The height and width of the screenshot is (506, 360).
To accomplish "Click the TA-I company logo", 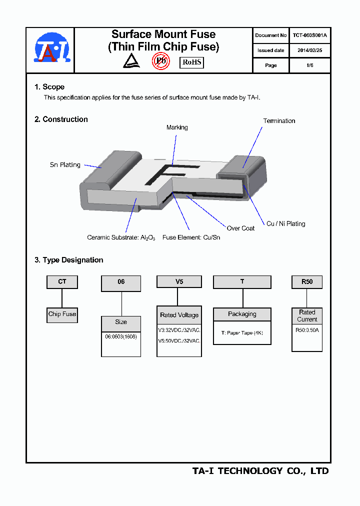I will click(52, 48).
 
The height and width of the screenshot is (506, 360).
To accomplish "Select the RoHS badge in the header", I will click(191, 62).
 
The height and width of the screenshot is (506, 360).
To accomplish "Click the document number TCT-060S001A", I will click(309, 35).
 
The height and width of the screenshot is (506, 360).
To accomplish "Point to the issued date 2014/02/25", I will click(309, 50).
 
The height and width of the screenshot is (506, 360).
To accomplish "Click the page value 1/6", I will click(309, 65).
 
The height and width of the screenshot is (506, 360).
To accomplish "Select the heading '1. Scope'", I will click(49, 87).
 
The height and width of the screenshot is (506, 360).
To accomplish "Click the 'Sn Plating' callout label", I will click(65, 165).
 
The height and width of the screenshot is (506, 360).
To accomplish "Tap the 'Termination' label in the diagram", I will click(279, 121).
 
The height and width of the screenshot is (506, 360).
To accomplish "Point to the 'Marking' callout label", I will click(177, 127).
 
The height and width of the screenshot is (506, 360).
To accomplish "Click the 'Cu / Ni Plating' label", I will click(285, 223).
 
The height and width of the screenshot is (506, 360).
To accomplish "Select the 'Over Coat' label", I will click(240, 228).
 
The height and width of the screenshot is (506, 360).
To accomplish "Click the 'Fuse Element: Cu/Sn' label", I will click(191, 237).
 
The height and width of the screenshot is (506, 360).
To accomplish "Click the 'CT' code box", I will click(62, 282).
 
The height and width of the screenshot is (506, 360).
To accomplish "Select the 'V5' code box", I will click(179, 282).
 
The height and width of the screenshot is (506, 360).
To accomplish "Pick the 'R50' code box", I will click(307, 282).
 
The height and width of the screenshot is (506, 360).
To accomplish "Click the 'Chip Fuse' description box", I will click(62, 314).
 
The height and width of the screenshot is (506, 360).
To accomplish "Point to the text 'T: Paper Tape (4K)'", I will click(242, 332).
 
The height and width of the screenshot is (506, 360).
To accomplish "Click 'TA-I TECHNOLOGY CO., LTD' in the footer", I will click(260, 471).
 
